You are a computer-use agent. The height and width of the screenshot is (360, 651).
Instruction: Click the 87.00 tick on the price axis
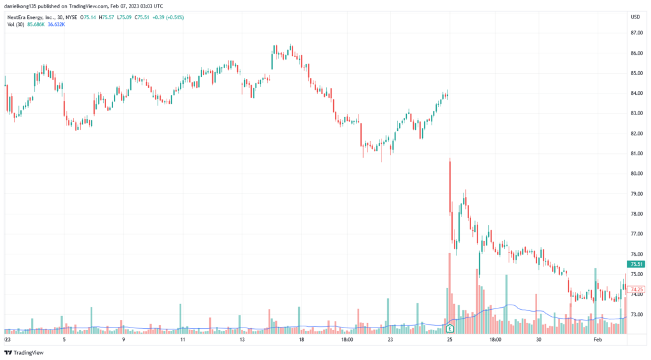coord(634,33)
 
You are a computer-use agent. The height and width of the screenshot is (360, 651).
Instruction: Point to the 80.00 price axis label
coord(634,174)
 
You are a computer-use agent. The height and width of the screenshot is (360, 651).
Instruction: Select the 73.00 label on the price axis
coord(634,314)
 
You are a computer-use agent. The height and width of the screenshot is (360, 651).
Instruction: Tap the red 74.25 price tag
coord(636,289)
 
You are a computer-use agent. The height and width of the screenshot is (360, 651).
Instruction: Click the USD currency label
coord(634,17)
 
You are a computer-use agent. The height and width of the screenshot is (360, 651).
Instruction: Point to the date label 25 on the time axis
coord(449,340)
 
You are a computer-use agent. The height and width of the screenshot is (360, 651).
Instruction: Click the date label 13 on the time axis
coord(242,340)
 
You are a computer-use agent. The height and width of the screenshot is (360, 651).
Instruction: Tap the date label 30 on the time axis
coord(538,340)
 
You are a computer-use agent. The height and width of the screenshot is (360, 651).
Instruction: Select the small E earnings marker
coord(450,329)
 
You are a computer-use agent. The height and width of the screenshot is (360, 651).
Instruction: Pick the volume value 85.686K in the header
coord(36,24)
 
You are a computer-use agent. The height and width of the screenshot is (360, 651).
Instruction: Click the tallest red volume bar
coord(450,289)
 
